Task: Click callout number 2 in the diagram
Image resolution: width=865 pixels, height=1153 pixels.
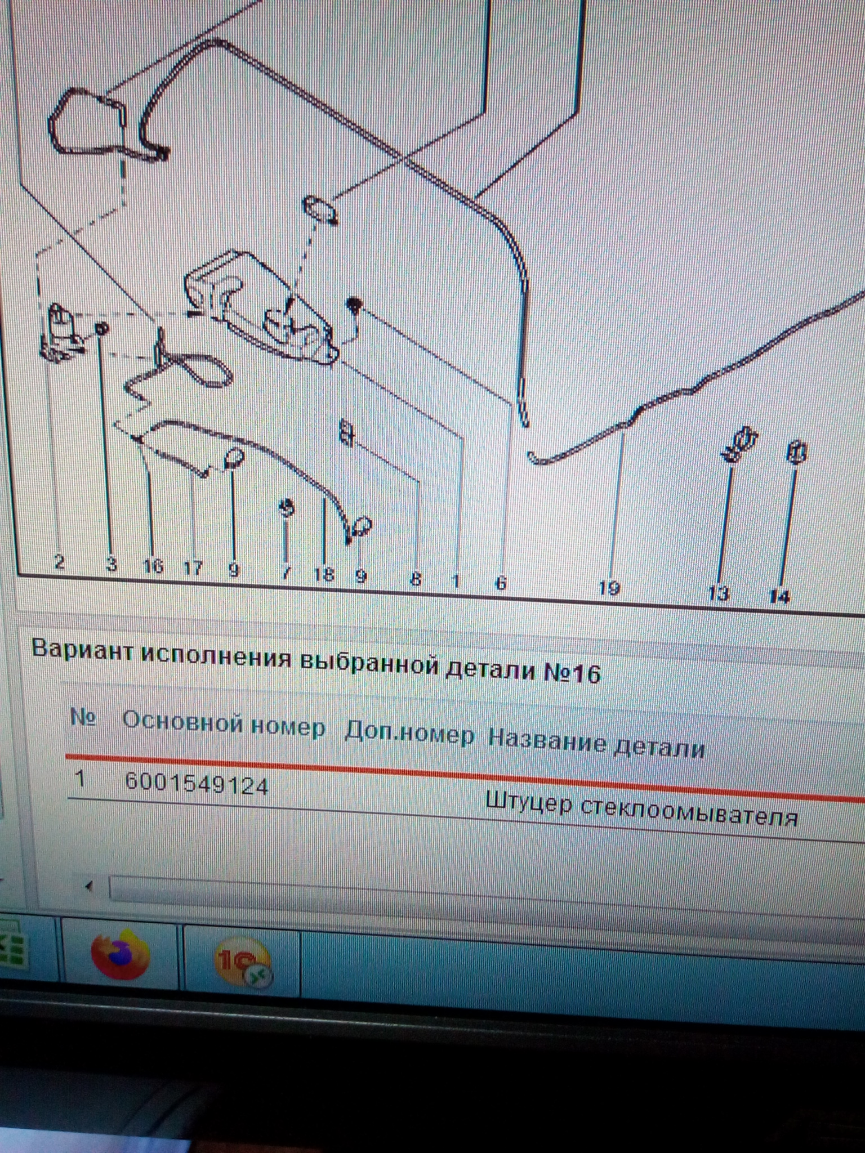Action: [x=59, y=561]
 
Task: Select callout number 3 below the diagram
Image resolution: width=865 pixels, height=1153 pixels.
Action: [x=112, y=564]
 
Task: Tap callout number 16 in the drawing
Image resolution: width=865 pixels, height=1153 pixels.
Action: [x=153, y=565]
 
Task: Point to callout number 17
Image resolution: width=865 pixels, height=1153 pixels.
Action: [x=193, y=567]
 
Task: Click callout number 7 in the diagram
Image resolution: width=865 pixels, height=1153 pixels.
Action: [x=286, y=572]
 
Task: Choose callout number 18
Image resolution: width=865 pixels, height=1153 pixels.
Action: [x=324, y=574]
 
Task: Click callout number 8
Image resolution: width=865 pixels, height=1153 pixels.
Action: [x=416, y=578]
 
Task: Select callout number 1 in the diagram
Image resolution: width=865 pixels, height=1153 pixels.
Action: [x=456, y=580]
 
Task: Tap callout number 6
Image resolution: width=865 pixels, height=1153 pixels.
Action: [x=501, y=582]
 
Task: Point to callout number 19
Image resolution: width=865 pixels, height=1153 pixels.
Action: [x=609, y=587]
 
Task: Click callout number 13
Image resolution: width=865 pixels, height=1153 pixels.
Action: [x=718, y=593]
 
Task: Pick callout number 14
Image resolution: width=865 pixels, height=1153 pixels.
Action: [x=779, y=596]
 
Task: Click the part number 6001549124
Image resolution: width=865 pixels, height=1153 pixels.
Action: [x=197, y=784]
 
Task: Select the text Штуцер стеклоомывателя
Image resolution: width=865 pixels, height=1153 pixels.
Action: [x=641, y=808]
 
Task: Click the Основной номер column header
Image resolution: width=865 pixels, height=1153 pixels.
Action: [x=224, y=725]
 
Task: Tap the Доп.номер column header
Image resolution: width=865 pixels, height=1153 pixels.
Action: [x=409, y=734]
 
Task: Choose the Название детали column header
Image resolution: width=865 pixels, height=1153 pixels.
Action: [x=596, y=744]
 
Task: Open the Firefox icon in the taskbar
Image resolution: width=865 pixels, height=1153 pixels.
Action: [x=121, y=954]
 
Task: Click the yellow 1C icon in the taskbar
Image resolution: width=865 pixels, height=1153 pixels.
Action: [x=243, y=960]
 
